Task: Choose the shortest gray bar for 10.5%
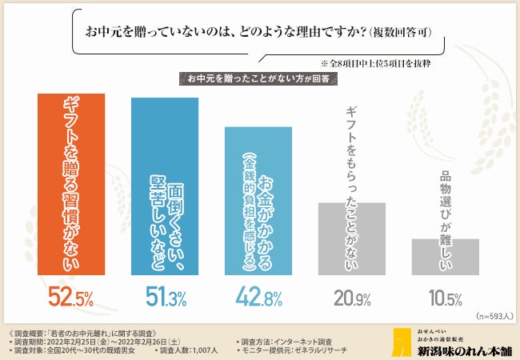[x=445, y=257]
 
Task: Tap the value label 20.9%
[x=353, y=299]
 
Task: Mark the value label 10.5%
[x=445, y=299]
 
